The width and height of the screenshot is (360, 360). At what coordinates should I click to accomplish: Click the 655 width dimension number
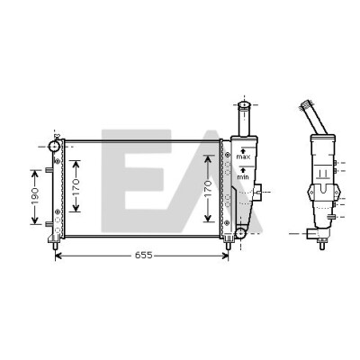point(144,256)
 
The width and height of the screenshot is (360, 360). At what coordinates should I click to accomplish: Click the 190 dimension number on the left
point(35,196)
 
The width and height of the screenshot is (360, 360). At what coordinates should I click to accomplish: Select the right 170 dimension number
point(209,188)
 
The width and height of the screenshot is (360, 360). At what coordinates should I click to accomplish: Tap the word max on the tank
point(243,157)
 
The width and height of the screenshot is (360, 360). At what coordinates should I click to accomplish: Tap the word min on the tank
point(243,177)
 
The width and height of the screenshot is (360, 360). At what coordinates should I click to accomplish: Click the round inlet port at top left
point(54,146)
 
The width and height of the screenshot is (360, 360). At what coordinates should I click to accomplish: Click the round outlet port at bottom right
point(240,233)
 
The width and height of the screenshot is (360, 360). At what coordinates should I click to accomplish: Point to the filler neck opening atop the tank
point(244,104)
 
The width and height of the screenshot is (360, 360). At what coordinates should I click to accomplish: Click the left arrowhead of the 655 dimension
point(58,256)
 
